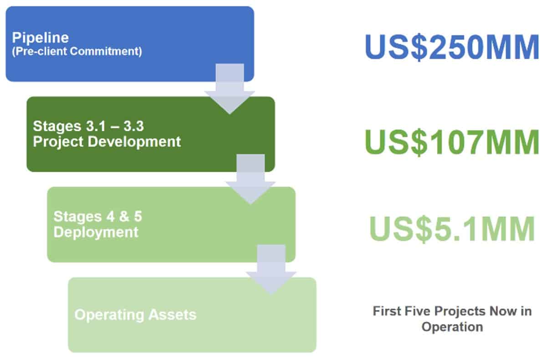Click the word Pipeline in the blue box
(x=41, y=38)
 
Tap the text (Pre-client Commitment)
(x=77, y=51)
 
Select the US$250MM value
(x=452, y=46)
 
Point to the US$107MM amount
(x=452, y=142)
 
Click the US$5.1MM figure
(x=452, y=229)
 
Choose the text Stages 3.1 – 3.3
(x=88, y=126)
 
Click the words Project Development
(x=107, y=142)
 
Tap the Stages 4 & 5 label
(x=98, y=217)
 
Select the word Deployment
(x=96, y=233)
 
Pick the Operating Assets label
(x=136, y=314)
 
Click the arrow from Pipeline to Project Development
(x=230, y=89)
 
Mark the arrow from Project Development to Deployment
(x=250, y=179)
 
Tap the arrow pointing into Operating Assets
(x=271, y=270)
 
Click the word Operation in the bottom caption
(x=452, y=327)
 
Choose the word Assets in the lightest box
(x=173, y=314)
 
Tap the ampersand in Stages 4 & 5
(x=124, y=217)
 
